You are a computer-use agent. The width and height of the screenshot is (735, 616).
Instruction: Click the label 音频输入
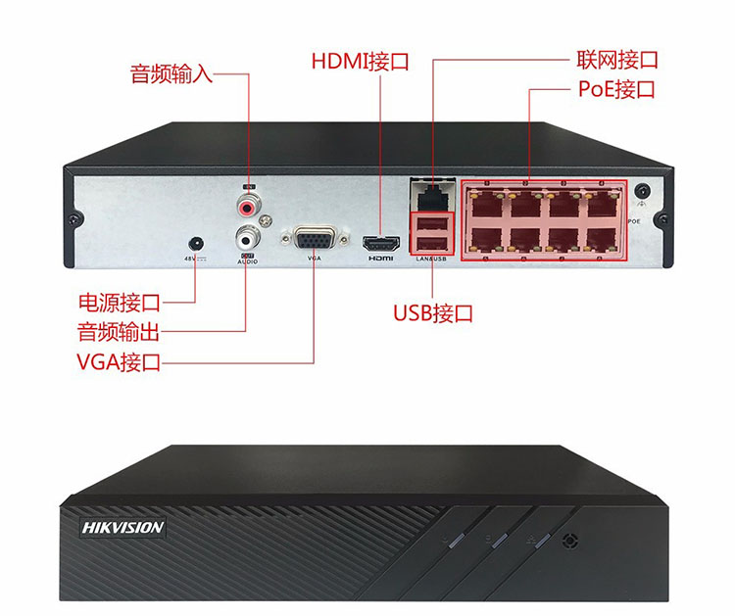coord(171,74)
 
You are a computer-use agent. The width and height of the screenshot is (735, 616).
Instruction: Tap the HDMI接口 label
coord(360,62)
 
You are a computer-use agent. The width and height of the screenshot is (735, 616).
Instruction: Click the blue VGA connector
coord(314,238)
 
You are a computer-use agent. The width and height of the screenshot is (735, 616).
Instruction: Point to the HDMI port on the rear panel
coord(380,242)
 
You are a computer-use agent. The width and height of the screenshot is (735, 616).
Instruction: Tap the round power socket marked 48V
coord(196,241)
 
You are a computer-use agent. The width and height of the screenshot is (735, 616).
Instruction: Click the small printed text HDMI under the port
coord(380,259)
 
